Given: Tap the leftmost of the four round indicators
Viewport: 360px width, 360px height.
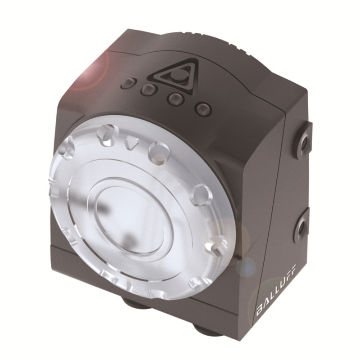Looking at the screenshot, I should pos(129,83).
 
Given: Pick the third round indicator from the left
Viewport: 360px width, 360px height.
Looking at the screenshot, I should pos(174,98).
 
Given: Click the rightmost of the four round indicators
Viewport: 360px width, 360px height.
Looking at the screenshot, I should pos(203,108).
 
